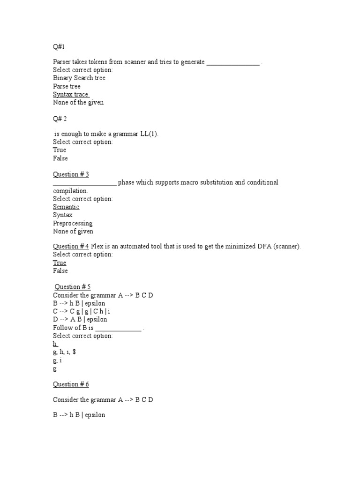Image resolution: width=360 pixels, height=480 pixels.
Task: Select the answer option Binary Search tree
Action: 79,78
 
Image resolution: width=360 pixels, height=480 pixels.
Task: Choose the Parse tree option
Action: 67,86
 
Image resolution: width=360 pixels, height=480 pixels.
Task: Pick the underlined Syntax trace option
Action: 71,95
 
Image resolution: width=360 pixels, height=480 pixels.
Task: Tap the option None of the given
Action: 78,103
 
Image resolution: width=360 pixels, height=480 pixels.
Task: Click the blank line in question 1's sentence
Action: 233,62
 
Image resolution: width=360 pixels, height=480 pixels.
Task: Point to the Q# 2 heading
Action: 60,119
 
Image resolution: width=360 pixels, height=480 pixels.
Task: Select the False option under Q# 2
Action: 60,158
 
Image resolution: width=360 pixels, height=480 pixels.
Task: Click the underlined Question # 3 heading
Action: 71,174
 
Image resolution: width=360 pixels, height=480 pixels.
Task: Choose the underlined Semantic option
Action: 66,207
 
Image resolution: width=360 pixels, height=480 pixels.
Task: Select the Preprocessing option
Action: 73,223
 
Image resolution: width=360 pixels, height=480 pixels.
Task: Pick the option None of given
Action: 73,231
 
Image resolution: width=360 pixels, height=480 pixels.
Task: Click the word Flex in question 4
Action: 97,247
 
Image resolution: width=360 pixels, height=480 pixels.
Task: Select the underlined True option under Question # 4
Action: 60,263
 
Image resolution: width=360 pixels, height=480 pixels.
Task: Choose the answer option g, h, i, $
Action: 64,352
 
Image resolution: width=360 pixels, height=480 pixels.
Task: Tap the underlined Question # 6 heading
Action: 71,384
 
